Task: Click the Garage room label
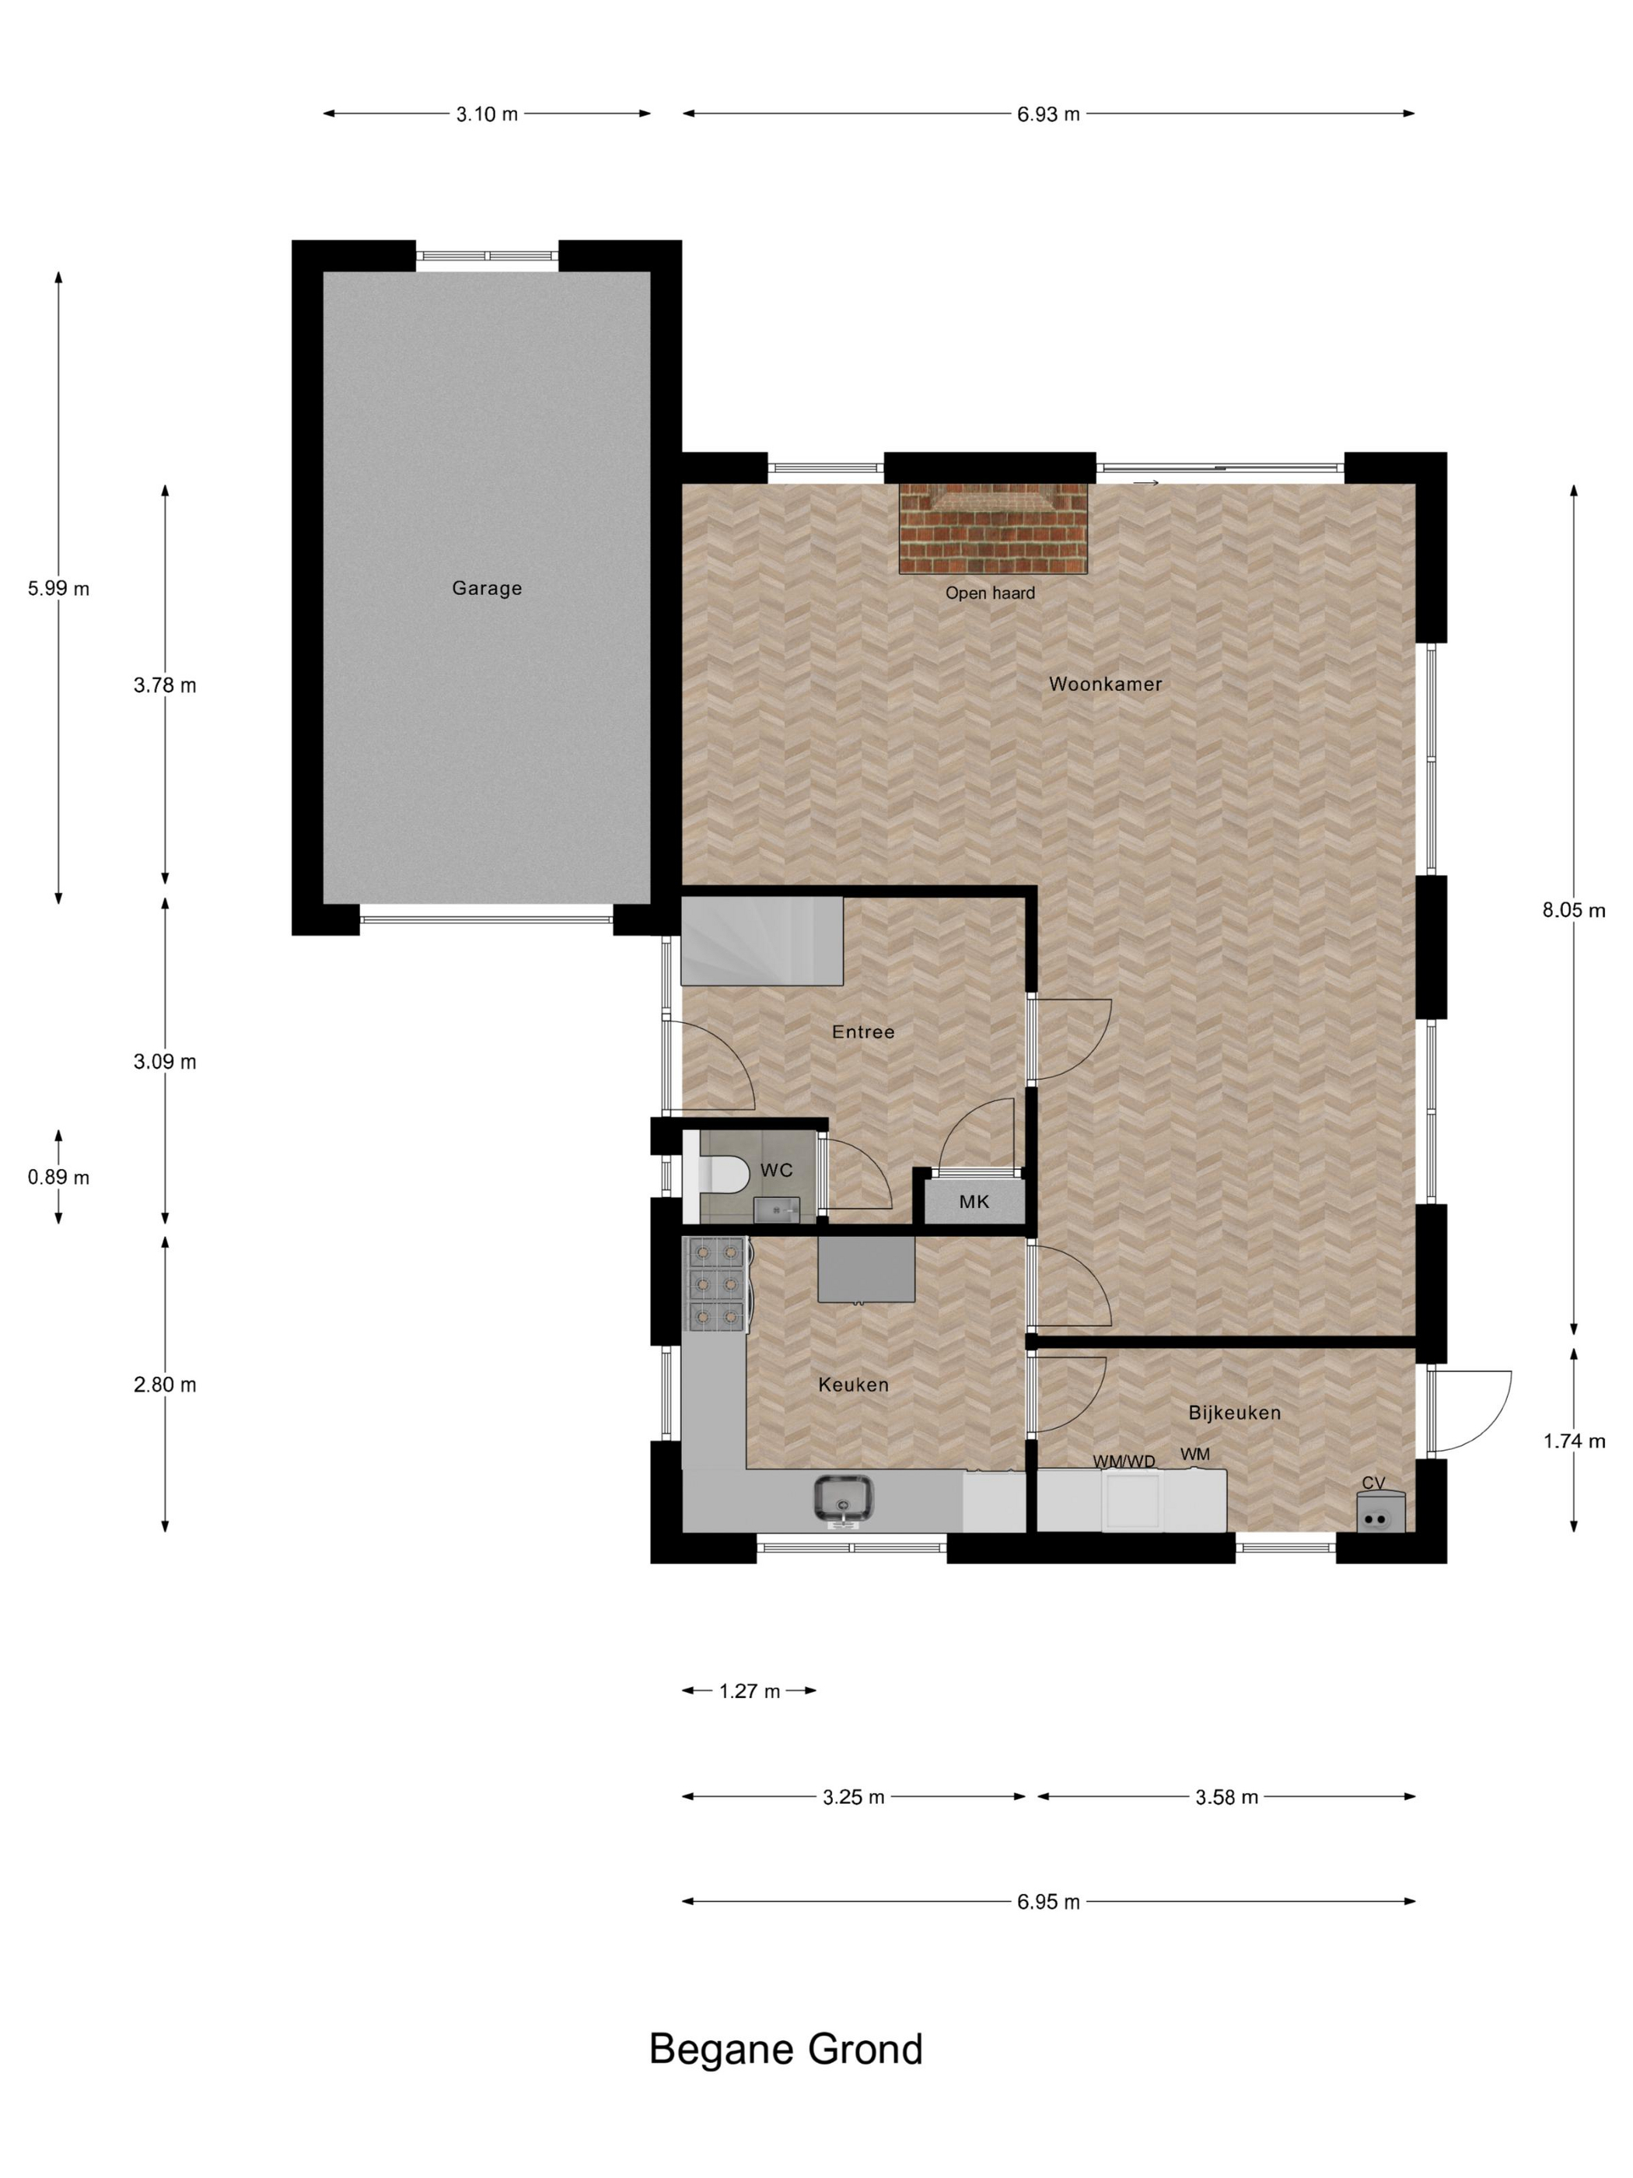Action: [486, 588]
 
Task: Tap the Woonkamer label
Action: [1104, 683]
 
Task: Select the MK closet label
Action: [974, 1201]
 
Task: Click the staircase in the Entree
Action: [763, 940]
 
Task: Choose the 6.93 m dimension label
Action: [1048, 114]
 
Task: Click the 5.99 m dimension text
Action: [58, 589]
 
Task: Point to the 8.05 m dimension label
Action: [1573, 911]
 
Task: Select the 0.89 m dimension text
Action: [58, 1178]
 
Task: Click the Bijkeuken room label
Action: [1234, 1413]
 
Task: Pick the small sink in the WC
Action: [775, 1208]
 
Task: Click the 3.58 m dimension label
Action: [1226, 1797]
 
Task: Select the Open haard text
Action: [989, 593]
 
